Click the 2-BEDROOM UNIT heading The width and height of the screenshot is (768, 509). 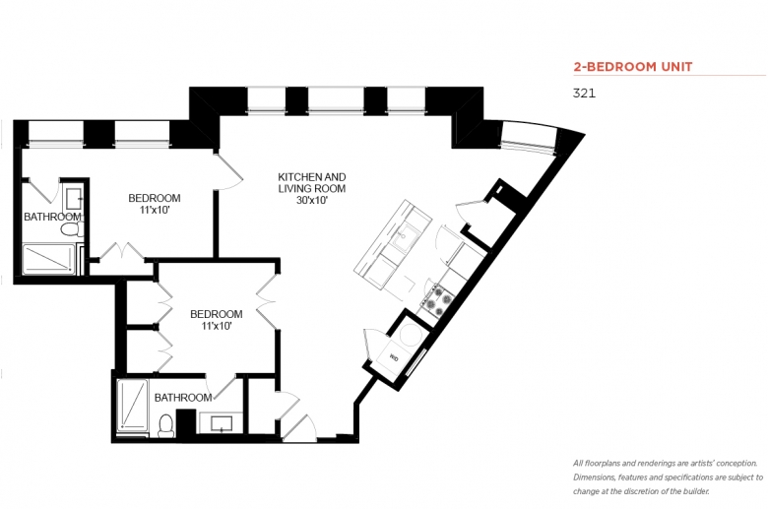point(632,67)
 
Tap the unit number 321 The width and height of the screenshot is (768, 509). point(584,94)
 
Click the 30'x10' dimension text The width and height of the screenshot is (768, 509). point(311,201)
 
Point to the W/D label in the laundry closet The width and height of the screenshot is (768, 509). point(394,358)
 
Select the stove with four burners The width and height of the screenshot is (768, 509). point(437,300)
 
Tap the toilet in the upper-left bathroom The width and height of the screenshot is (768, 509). point(72,229)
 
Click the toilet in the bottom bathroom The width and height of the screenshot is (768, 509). point(166,425)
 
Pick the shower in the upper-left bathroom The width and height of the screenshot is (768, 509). point(49,259)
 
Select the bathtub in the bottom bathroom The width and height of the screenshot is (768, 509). point(132,406)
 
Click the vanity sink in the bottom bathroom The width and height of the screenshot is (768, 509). point(222,423)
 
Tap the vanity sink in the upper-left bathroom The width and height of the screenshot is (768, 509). point(75,199)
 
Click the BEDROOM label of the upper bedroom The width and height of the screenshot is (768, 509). point(155,198)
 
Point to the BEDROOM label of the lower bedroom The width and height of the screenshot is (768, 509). point(216,314)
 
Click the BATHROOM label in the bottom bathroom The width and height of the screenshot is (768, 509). point(183,398)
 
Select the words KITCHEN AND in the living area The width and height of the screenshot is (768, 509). point(311,177)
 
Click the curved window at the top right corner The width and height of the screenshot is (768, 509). point(530,137)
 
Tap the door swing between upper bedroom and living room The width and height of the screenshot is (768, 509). point(228,170)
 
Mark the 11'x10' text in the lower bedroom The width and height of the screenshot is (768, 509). point(216,326)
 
